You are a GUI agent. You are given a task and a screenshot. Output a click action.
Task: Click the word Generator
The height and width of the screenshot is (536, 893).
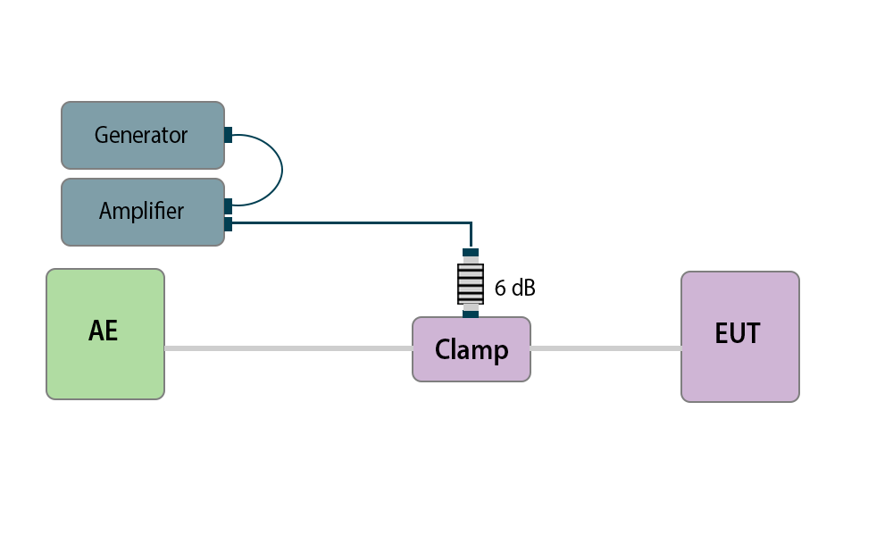point(141,135)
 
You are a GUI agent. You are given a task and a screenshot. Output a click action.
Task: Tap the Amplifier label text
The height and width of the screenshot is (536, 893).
point(141,212)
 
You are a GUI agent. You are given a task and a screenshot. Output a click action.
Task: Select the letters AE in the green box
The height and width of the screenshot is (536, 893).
point(104,331)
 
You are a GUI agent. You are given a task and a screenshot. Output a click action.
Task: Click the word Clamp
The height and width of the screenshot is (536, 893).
point(472,349)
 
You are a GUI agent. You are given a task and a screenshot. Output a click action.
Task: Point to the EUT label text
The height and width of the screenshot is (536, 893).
point(738,333)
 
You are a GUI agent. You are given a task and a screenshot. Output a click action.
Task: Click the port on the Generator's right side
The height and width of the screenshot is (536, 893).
point(228,135)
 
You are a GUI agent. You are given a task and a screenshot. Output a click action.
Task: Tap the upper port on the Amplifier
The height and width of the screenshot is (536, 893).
point(228,206)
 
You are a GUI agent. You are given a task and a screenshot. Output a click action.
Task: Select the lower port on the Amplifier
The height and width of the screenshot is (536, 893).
point(228,223)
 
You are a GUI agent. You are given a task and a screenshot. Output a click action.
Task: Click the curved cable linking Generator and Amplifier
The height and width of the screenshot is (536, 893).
point(281,170)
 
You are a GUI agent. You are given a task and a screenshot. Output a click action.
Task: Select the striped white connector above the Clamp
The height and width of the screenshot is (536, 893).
point(471,283)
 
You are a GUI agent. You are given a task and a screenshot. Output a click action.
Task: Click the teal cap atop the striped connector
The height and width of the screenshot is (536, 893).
point(471,252)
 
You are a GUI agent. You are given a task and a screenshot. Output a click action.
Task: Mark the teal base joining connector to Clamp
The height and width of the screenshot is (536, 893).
point(471,314)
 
